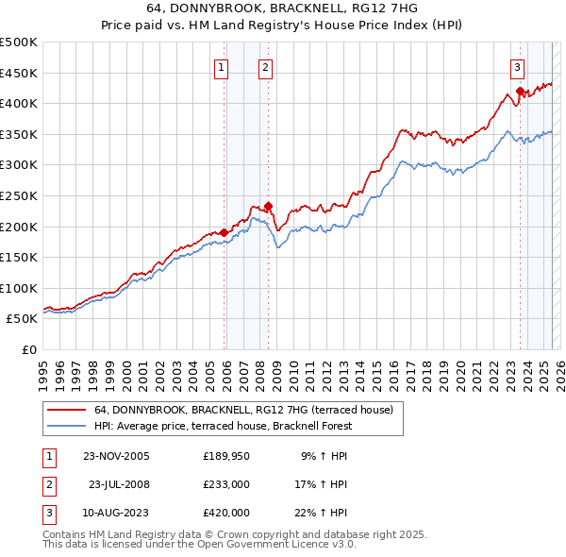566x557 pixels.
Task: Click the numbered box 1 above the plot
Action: pos(220,67)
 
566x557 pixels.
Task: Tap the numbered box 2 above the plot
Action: pos(266,67)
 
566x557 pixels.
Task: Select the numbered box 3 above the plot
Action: pos(518,67)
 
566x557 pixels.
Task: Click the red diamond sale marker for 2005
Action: pos(224,232)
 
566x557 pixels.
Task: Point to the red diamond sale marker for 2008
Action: pos(268,206)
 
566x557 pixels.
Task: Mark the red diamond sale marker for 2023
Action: pos(520,91)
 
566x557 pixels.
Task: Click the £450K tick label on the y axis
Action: pos(19,73)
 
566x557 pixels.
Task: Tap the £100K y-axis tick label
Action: pos(19,288)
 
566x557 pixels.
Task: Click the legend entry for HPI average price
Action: pos(223,426)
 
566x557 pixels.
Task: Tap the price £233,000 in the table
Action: pos(226,484)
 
